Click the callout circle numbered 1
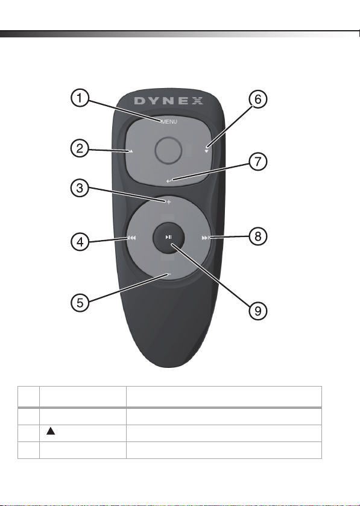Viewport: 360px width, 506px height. (x=80, y=98)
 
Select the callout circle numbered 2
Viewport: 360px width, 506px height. (x=80, y=148)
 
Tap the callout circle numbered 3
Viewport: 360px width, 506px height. (x=80, y=188)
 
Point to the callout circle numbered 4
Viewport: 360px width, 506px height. (x=80, y=242)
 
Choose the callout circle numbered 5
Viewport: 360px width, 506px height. (x=80, y=303)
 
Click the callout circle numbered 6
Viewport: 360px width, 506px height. (x=257, y=99)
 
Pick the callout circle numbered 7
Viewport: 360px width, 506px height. (x=257, y=162)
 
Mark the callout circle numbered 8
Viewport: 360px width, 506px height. (x=257, y=236)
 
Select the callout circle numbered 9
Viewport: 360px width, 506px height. (x=257, y=311)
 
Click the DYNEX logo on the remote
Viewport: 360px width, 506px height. (x=169, y=101)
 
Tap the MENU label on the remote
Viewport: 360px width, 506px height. (x=169, y=122)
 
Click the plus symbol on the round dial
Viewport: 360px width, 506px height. (x=168, y=202)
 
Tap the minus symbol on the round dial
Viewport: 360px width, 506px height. (x=169, y=274)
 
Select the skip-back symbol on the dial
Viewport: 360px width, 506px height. (x=132, y=238)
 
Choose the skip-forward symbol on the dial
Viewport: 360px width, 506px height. (x=206, y=238)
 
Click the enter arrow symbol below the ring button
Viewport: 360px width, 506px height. (x=169, y=181)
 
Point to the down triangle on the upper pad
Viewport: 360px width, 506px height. (x=206, y=151)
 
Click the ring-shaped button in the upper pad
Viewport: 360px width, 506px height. (x=168, y=150)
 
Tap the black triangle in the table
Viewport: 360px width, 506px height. (x=51, y=431)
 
